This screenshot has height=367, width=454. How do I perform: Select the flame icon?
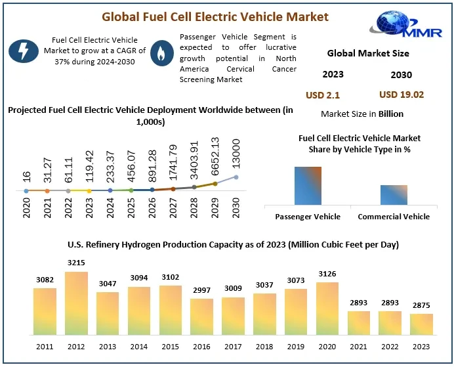point(159,52)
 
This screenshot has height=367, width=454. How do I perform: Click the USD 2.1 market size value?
point(323,95)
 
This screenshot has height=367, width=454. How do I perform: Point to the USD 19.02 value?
point(402,95)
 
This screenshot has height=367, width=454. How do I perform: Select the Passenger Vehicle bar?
point(308,186)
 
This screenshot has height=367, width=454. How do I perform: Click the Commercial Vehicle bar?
point(394,195)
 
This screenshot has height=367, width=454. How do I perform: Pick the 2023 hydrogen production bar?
point(422,324)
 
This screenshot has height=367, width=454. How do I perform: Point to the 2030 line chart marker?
point(236,177)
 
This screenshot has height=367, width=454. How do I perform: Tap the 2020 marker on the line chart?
point(26,191)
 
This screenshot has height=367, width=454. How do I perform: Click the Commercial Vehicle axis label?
point(394,216)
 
